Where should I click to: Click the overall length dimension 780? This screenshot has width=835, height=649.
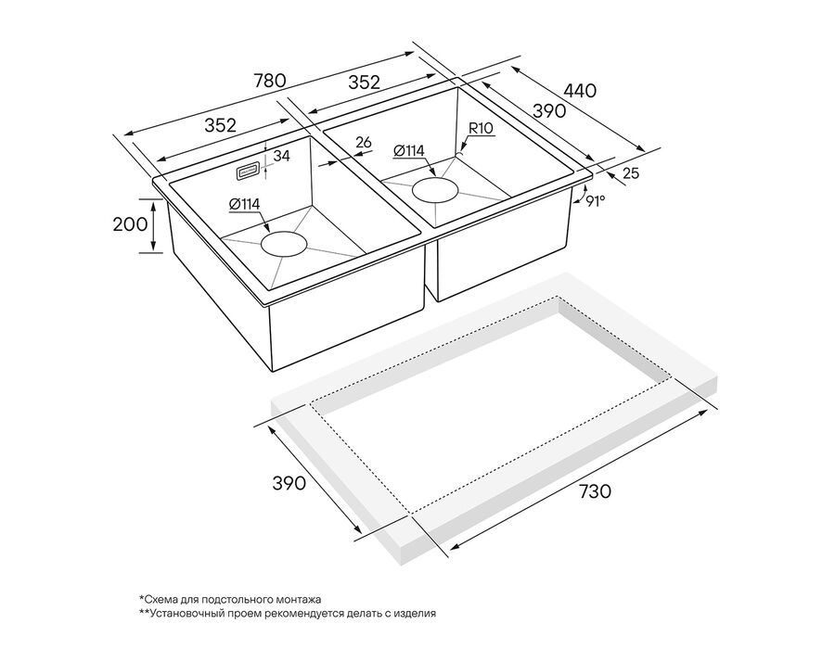click(271, 80)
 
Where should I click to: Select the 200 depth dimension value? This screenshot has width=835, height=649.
click(130, 224)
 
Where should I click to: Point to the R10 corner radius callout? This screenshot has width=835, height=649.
click(481, 128)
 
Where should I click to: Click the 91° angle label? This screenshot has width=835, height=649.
click(596, 201)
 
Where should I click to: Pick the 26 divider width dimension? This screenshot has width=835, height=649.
click(363, 142)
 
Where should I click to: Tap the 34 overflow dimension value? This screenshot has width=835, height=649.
click(281, 156)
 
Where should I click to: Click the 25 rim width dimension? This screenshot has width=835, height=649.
click(631, 172)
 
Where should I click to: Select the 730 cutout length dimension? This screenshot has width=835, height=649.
click(595, 491)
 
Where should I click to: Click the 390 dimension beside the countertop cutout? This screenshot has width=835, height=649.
click(289, 483)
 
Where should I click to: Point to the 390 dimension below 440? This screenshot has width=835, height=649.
click(548, 110)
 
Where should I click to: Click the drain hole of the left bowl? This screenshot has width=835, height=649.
click(285, 245)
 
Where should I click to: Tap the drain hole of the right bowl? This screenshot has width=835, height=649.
click(436, 190)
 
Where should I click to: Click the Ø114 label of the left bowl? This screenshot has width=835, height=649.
click(244, 204)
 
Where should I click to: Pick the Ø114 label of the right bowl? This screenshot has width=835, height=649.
click(409, 151)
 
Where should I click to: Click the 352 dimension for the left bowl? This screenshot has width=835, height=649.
click(220, 125)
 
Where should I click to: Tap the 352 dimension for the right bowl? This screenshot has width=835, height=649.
click(365, 82)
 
